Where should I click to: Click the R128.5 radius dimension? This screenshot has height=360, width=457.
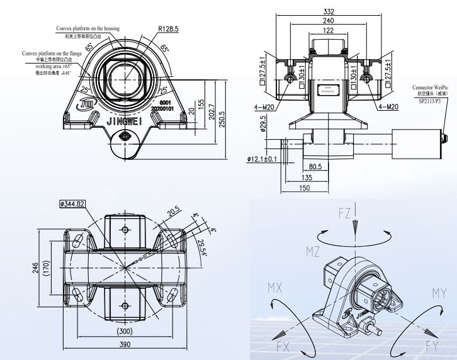(169, 29)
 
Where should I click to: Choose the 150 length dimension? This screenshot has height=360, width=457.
(305, 188)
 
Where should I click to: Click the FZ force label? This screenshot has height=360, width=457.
(345, 213)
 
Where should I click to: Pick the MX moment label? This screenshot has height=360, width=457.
(275, 288)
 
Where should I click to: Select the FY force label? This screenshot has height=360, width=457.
(432, 345)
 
